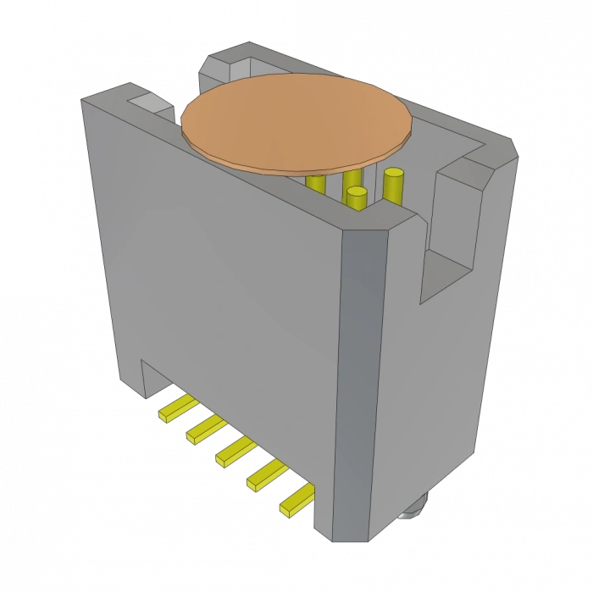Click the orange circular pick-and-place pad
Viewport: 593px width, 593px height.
[296, 123]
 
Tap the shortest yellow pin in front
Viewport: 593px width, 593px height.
[357, 200]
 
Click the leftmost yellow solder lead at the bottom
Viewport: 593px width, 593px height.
[176, 410]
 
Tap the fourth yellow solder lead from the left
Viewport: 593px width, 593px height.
[266, 475]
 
